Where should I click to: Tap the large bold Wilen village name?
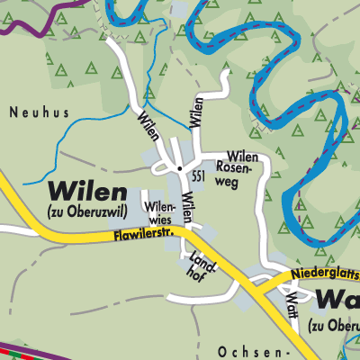(89, 190)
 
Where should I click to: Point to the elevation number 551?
(198, 178)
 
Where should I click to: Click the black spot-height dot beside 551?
(180, 168)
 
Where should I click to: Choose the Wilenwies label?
(158, 212)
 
